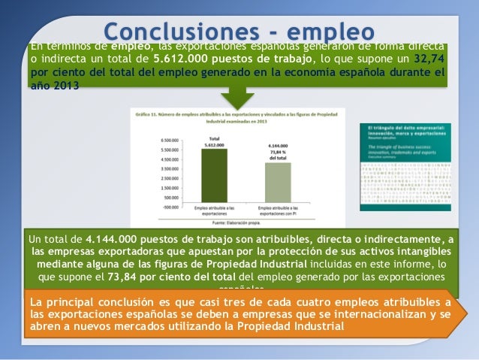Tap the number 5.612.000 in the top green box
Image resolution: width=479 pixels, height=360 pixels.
pos(180,59)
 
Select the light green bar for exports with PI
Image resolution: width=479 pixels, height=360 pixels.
pos(277,182)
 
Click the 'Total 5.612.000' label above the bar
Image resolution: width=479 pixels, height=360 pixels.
pos(214,142)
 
